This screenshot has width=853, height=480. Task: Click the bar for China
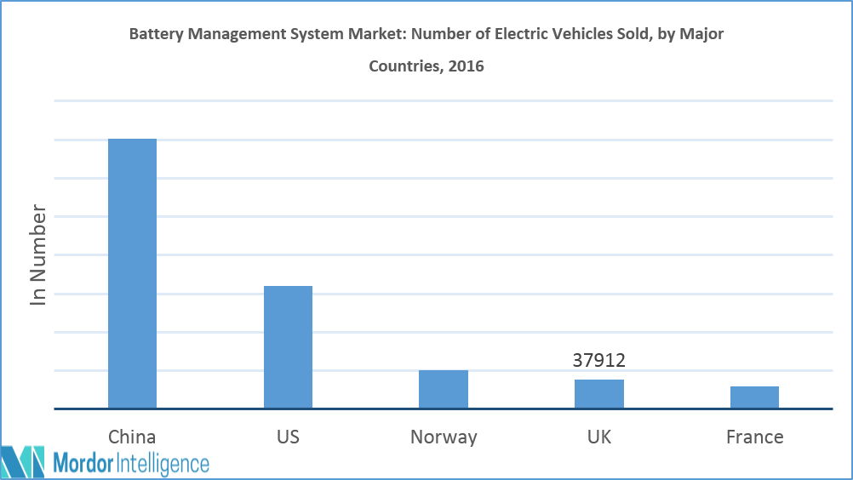point(132,273)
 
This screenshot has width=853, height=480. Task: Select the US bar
point(288,346)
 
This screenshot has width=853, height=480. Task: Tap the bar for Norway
point(443,389)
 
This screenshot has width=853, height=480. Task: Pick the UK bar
point(598,393)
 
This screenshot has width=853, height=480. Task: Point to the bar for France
point(754,397)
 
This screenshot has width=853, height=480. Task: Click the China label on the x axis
point(132,437)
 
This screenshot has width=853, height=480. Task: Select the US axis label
point(288,437)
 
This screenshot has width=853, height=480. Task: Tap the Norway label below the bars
point(444,437)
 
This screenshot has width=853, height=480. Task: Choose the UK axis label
point(599,437)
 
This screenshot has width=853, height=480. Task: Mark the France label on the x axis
point(754,437)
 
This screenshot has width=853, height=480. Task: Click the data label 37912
point(598,361)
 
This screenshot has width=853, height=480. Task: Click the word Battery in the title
point(157,35)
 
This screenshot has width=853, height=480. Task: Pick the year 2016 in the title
point(467,66)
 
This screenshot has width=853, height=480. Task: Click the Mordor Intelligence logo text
point(131,463)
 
